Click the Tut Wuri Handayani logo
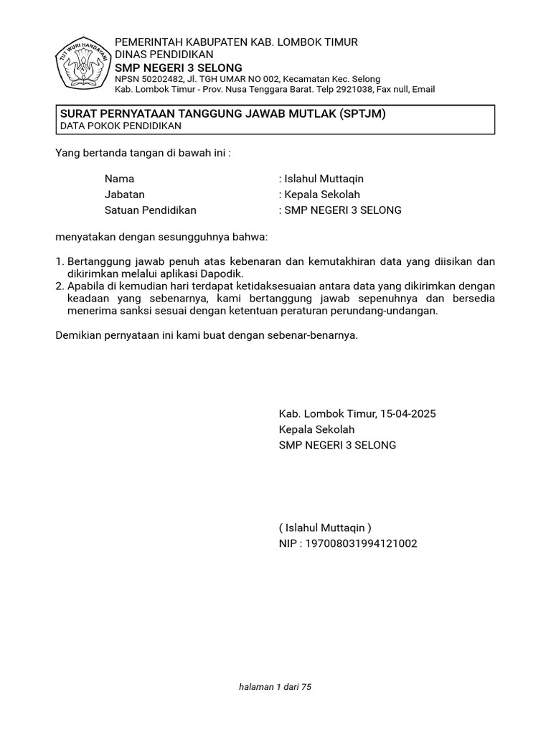coord(82,63)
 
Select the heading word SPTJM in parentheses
coord(363,113)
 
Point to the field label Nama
coord(119,179)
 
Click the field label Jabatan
coord(124,195)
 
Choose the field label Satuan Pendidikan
coord(150,210)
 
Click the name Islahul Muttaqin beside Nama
coord(325,179)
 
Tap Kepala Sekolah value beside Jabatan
coord(322,195)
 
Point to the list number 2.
coord(59,286)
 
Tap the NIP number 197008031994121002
coord(362,543)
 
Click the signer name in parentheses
coord(326,528)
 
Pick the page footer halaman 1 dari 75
coord(275,687)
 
